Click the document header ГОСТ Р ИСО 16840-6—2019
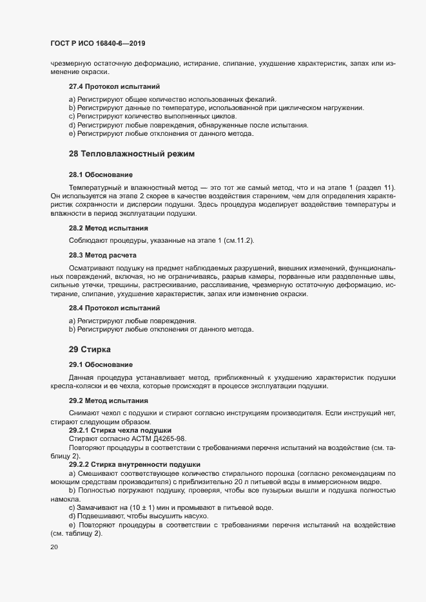pos(97,44)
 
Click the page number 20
pos(53,547)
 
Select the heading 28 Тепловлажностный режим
pos(131,154)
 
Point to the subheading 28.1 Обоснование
pos(101,174)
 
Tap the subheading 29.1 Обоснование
pos(101,364)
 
